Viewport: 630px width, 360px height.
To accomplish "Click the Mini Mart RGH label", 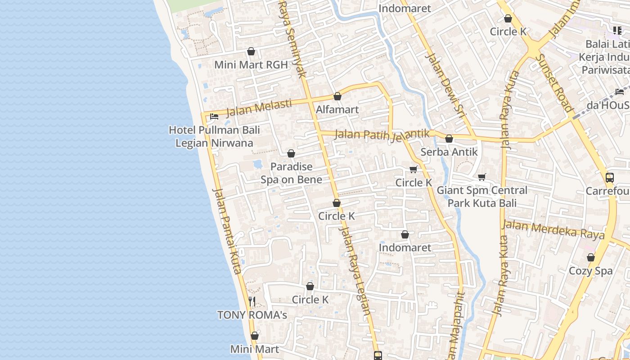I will pyautogui.click(x=251, y=65).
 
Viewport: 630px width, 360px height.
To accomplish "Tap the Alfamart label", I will pyautogui.click(x=337, y=109).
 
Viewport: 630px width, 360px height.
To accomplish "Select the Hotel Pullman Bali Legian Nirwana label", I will pyautogui.click(x=214, y=136).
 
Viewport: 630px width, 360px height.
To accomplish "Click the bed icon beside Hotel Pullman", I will pyautogui.click(x=214, y=117).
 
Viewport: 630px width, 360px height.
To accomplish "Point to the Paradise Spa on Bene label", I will pyautogui.click(x=291, y=173).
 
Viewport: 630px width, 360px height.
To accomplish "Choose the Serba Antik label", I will pyautogui.click(x=449, y=152).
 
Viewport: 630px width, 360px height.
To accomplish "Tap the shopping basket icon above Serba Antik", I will pyautogui.click(x=449, y=139).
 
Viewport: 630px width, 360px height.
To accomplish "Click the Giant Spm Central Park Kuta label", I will pyautogui.click(x=482, y=197).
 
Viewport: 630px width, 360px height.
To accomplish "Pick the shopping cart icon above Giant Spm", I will pyautogui.click(x=482, y=177).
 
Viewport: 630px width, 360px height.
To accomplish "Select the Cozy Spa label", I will pyautogui.click(x=590, y=271).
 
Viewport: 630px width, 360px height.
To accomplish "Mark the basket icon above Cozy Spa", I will pyautogui.click(x=590, y=257).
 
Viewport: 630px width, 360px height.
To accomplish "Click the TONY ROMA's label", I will pyautogui.click(x=252, y=315).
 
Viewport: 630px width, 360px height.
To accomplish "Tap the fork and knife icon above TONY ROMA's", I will pyautogui.click(x=252, y=301).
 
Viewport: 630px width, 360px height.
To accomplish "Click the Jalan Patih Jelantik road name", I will pyautogui.click(x=382, y=135).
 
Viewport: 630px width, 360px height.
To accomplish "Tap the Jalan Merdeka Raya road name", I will pyautogui.click(x=553, y=229).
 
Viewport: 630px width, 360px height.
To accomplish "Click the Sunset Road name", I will pyautogui.click(x=555, y=83).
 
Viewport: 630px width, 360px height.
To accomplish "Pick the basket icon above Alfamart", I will pyautogui.click(x=337, y=96).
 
